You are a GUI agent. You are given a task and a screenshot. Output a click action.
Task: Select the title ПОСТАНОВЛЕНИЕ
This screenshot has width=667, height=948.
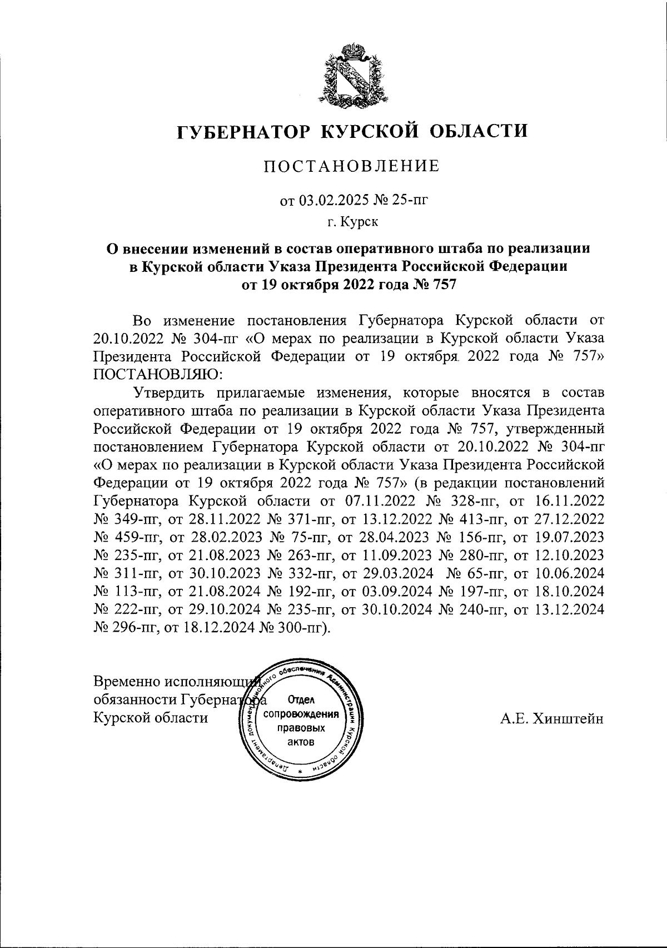coord(351,166)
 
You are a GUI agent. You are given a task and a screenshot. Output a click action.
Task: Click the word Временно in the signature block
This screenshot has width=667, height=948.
coord(132,682)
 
